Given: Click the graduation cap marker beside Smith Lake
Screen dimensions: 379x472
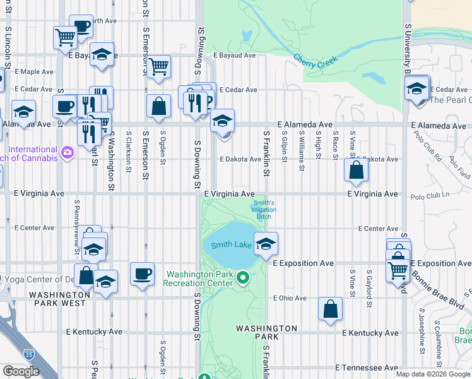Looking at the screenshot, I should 266,243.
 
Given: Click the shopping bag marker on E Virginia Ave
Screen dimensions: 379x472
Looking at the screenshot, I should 357,170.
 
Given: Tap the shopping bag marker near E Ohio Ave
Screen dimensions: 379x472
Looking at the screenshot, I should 330,309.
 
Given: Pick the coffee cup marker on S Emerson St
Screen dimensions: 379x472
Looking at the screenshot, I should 142,274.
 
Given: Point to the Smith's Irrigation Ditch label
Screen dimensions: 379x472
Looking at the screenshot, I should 264,209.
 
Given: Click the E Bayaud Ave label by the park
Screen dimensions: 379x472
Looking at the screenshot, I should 234,56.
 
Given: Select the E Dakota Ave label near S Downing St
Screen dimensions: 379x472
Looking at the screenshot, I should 240,159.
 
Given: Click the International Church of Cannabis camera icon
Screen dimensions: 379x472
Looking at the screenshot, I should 67,152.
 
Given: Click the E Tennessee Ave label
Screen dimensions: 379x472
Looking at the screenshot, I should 366,367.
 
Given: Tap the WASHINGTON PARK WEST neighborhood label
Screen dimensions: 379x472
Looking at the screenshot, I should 59,299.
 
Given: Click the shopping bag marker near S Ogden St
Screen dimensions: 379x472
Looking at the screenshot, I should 159,106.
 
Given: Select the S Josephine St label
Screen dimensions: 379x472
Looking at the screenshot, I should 421,328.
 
